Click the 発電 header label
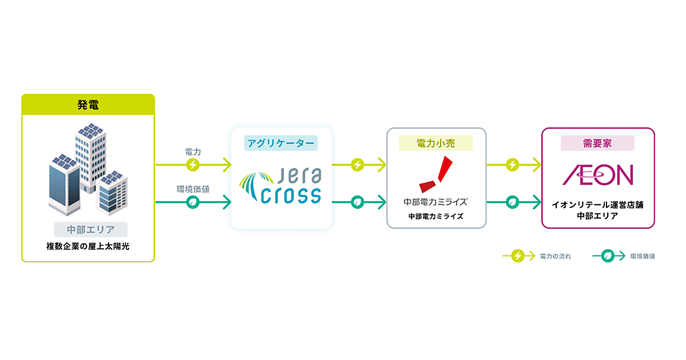(88, 105)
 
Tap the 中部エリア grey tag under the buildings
(90, 230)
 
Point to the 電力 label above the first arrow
(193, 152)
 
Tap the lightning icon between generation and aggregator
(193, 165)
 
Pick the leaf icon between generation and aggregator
(193, 202)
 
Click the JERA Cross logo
(281, 186)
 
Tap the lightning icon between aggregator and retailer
(358, 165)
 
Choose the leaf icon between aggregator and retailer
(358, 202)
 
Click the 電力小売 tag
(437, 143)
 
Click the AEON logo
(598, 175)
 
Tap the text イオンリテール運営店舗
(598, 205)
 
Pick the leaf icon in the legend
(609, 257)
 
